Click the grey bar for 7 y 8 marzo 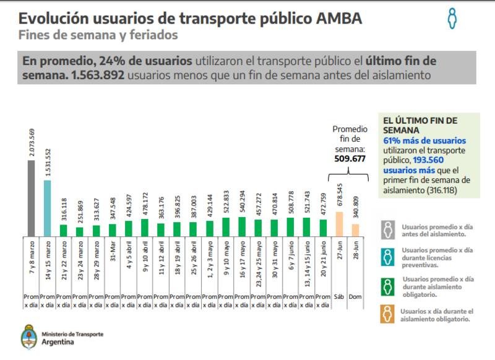pyautogui.click(x=30, y=198)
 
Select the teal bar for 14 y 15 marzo pyautogui.click(x=47, y=208)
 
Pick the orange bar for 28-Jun pyautogui.click(x=355, y=229)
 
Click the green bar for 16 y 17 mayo pyautogui.click(x=242, y=226)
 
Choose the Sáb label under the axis pyautogui.click(x=339, y=297)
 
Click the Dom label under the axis pyautogui.click(x=355, y=297)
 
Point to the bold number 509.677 pyautogui.click(x=350, y=158)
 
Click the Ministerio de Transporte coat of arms pyautogui.click(x=28, y=336)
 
